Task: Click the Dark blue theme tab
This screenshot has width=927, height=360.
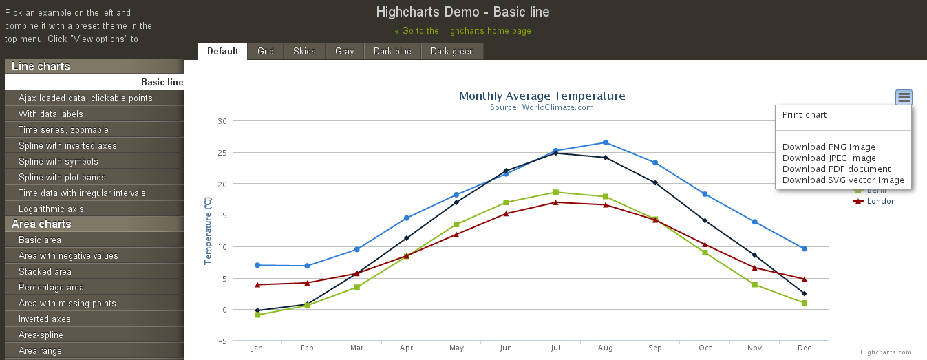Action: pos(392,52)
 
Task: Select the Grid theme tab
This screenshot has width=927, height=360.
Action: pos(266,52)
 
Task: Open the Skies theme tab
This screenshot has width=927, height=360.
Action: pos(304,52)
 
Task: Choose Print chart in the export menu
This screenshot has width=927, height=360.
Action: pos(805,115)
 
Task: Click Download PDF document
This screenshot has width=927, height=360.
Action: pos(836,169)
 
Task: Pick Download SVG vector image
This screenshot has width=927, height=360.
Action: pos(843,180)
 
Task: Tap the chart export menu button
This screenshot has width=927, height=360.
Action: pos(904,98)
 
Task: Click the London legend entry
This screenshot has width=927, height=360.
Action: pos(881,201)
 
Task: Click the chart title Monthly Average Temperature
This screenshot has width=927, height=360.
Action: pos(542,96)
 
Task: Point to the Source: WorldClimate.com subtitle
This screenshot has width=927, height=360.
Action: pos(542,107)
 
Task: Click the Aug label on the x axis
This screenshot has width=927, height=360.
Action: pos(605,348)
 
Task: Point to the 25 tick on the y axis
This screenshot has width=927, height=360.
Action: pos(222,153)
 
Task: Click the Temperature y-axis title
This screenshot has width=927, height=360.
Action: pos(208,231)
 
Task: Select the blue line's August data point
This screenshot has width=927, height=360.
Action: pos(605,142)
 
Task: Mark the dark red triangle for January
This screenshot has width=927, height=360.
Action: pos(257,284)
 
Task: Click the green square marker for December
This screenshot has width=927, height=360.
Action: pos(804,303)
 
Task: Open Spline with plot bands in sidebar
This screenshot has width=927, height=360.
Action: pos(62,178)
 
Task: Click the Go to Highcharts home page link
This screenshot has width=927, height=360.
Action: pos(462,31)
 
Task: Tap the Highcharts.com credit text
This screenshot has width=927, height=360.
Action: pos(886,352)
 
